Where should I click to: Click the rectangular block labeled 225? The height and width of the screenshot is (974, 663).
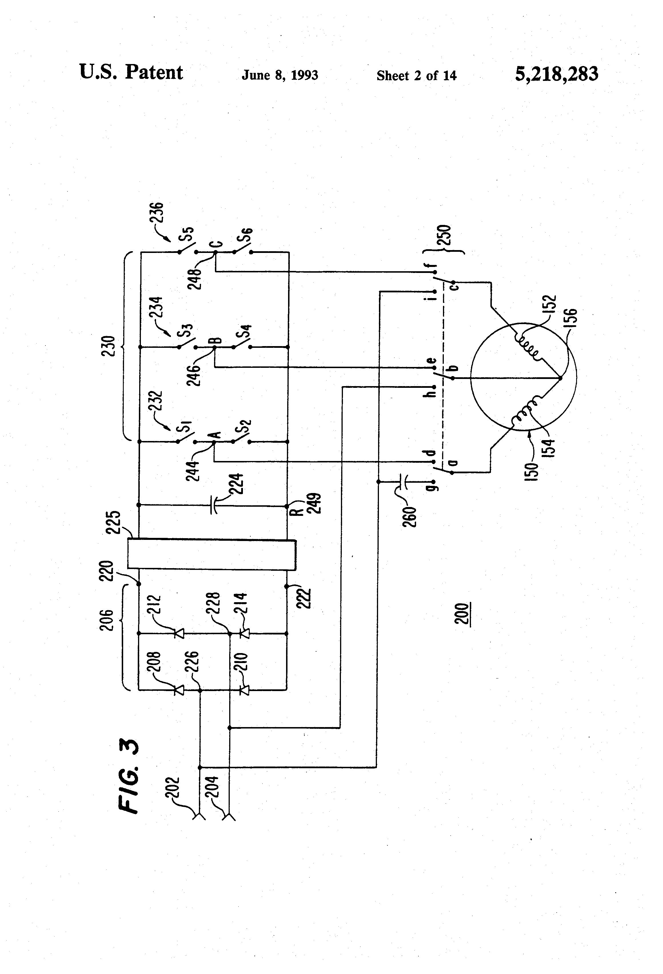212,554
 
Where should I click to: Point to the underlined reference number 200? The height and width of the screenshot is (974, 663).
462,614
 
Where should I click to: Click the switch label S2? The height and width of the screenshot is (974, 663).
243,427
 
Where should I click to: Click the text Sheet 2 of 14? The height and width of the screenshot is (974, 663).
416,75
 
